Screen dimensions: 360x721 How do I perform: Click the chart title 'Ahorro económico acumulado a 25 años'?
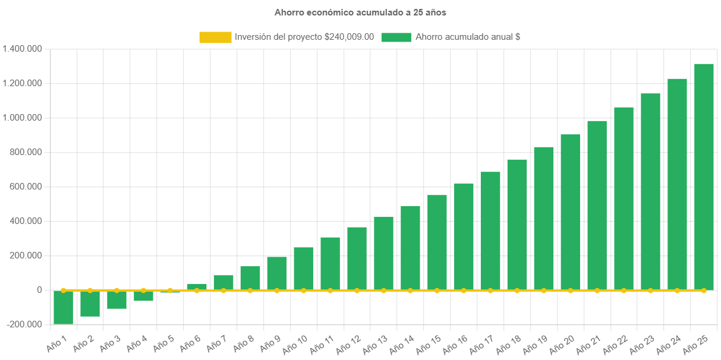[360, 12]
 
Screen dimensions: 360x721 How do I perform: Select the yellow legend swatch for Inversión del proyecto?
[215, 37]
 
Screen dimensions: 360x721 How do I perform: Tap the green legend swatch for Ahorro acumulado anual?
[396, 37]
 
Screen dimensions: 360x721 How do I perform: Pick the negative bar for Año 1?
[63, 307]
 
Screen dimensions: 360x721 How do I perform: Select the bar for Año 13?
[383, 254]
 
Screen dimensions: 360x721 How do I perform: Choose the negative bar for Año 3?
[117, 299]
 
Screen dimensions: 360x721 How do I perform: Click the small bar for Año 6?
[197, 287]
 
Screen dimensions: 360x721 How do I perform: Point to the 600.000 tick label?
[26, 187]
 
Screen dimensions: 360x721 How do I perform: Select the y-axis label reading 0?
[39, 290]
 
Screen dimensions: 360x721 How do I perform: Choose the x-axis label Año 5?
[163, 343]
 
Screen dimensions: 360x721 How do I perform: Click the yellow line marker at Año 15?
[437, 290]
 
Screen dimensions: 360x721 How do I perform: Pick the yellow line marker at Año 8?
[250, 290]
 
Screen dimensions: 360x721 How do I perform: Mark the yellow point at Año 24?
[677, 290]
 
